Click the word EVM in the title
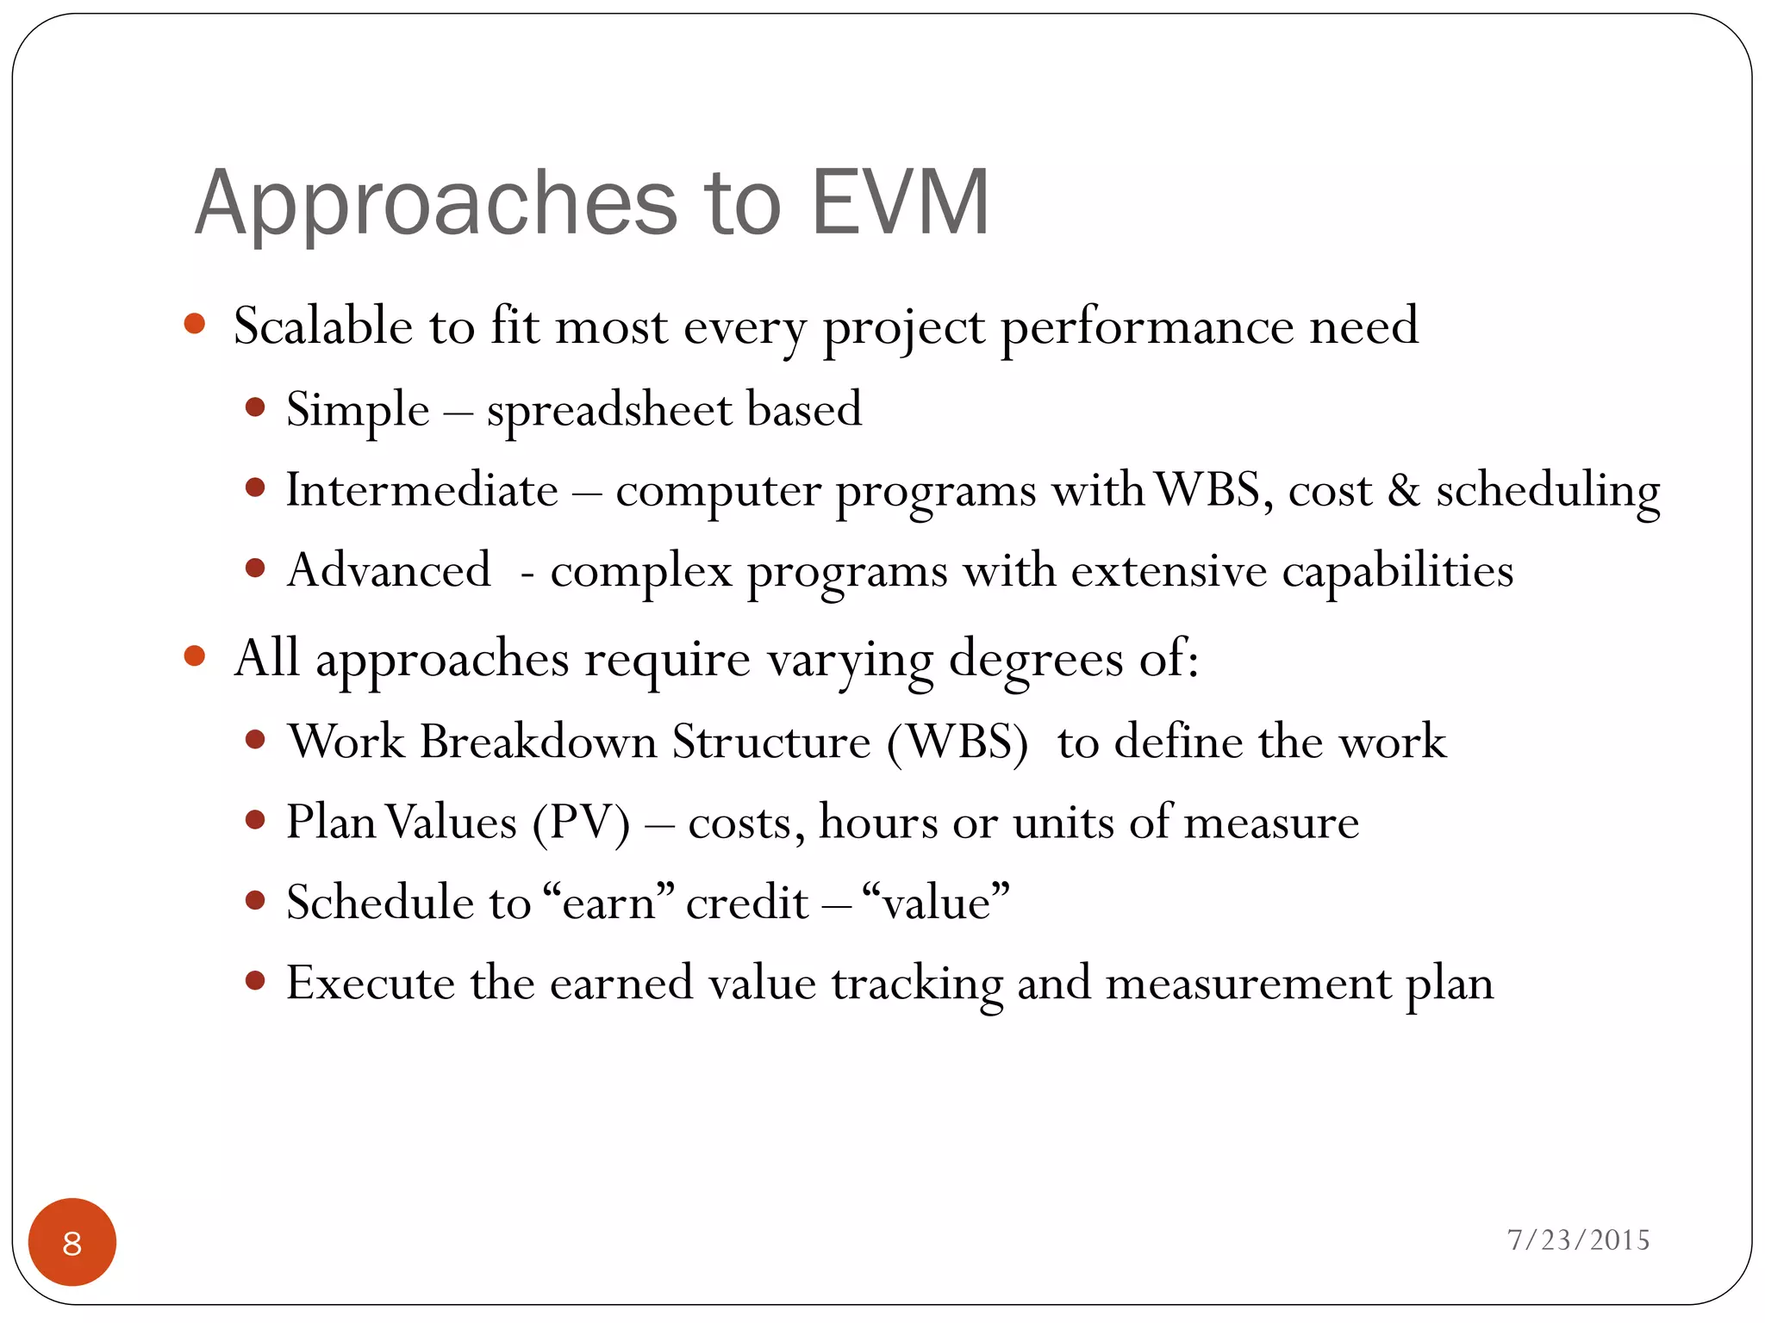tap(900, 203)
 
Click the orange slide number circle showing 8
tap(72, 1242)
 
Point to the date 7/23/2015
tap(1578, 1240)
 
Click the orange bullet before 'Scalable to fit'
tap(195, 324)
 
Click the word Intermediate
tap(422, 491)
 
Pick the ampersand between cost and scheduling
tap(1403, 491)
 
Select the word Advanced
tap(389, 571)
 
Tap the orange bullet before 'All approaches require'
tap(195, 656)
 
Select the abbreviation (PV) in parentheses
tap(581, 823)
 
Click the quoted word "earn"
tap(610, 903)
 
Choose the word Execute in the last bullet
tap(370, 983)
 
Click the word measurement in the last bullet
tap(1247, 984)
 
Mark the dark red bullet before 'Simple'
tap(254, 407)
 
